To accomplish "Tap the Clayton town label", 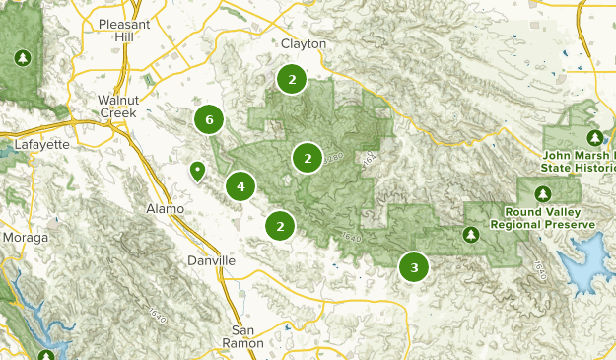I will pyautogui.click(x=303, y=44).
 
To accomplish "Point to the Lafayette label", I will pyautogui.click(x=42, y=144).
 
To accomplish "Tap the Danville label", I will pyautogui.click(x=211, y=260).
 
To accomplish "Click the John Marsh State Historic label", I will pyautogui.click(x=580, y=162).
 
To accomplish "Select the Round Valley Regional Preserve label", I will pyautogui.click(x=550, y=218).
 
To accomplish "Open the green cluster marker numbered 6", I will pyautogui.click(x=208, y=120).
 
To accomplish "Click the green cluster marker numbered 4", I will pyautogui.click(x=240, y=184).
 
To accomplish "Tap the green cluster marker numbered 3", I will pyautogui.click(x=413, y=266).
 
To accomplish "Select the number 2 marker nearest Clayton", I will pyautogui.click(x=291, y=79).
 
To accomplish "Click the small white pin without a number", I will pyautogui.click(x=197, y=172).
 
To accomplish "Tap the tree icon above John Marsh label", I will pyautogui.click(x=594, y=137).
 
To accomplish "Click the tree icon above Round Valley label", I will pyautogui.click(x=542, y=193).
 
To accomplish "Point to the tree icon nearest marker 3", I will pyautogui.click(x=470, y=234).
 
